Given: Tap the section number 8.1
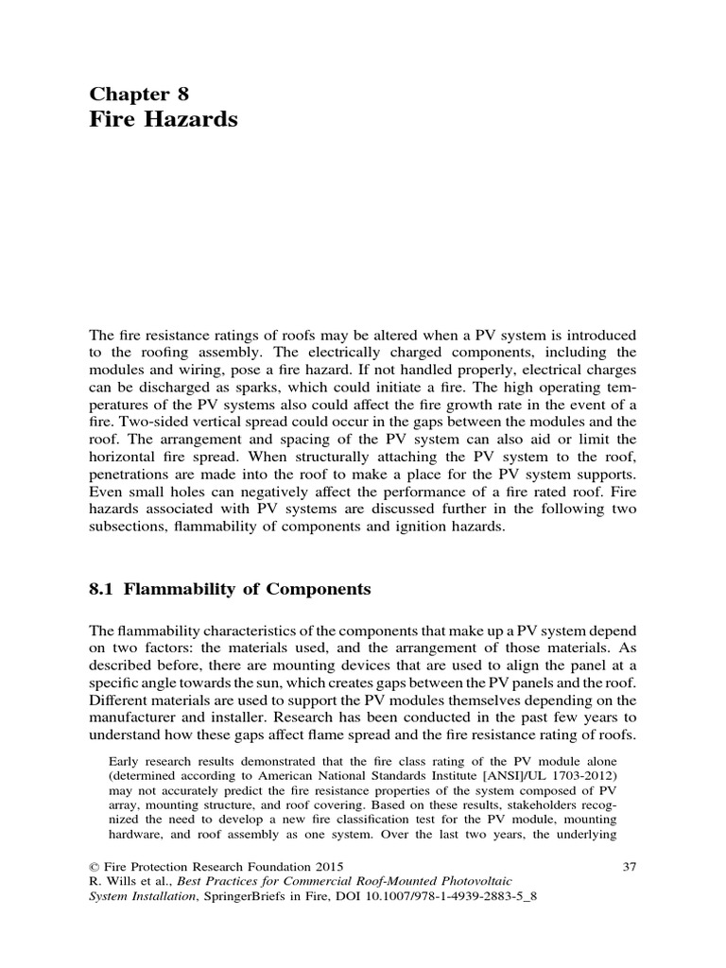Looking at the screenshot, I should (101, 589).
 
